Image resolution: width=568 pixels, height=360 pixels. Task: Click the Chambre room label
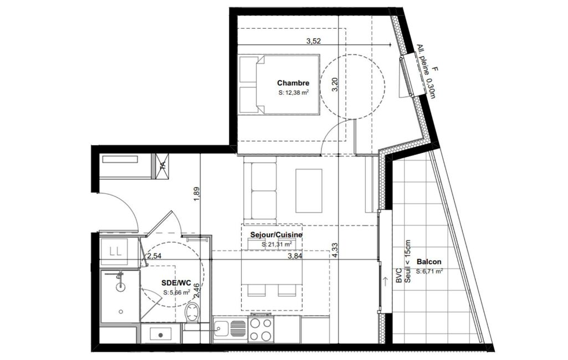[x=293, y=83]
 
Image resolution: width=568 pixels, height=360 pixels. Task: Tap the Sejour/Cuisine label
[x=276, y=235]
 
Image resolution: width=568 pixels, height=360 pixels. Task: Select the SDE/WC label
[x=176, y=283]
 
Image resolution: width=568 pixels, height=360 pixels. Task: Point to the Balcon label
[x=429, y=261]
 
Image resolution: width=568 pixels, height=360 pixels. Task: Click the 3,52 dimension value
[x=313, y=41]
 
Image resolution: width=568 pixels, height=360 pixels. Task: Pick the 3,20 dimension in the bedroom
[x=335, y=85]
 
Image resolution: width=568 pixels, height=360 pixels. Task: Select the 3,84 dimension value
[x=295, y=256]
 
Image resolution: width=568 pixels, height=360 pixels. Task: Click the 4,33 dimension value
[x=335, y=250]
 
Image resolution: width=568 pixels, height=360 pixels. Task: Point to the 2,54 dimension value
[x=154, y=256]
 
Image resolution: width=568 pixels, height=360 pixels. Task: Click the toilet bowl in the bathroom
[x=192, y=312]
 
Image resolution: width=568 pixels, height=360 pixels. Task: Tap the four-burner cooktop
[x=260, y=329]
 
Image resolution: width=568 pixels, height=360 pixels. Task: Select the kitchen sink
[x=230, y=329]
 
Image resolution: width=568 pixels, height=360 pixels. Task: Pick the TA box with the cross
[x=162, y=166]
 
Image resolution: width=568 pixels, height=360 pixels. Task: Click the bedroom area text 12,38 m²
[x=294, y=92]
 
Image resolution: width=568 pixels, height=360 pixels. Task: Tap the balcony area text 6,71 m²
[x=429, y=271]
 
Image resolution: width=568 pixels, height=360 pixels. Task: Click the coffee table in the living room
[x=309, y=191]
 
